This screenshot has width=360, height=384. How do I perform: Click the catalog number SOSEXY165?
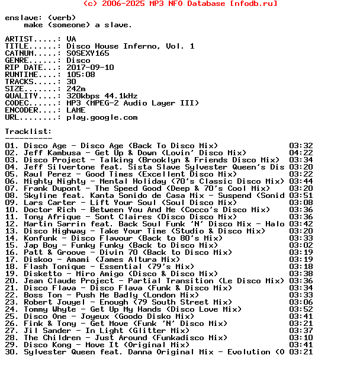coord(88,53)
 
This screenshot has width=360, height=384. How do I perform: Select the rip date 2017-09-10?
coord(90,68)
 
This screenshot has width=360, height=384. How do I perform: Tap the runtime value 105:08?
coord(81,75)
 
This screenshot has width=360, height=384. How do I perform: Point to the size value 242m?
coord(76,89)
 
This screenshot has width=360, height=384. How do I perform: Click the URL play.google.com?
coord(102,117)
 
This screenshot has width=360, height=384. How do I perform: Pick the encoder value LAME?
coord(76,110)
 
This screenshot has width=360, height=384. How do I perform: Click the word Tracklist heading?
coord(26,132)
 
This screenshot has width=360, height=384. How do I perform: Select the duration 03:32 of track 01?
coord(301,146)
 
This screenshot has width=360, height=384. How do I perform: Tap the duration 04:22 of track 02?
coord(301,153)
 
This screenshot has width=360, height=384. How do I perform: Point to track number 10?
coord(11,210)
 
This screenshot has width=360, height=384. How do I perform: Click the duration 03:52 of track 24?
coord(301,309)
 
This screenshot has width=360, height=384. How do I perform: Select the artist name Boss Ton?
coord(43,295)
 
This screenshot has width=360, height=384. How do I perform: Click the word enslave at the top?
coord(21,18)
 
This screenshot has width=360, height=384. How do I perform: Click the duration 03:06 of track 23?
coord(301,302)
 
